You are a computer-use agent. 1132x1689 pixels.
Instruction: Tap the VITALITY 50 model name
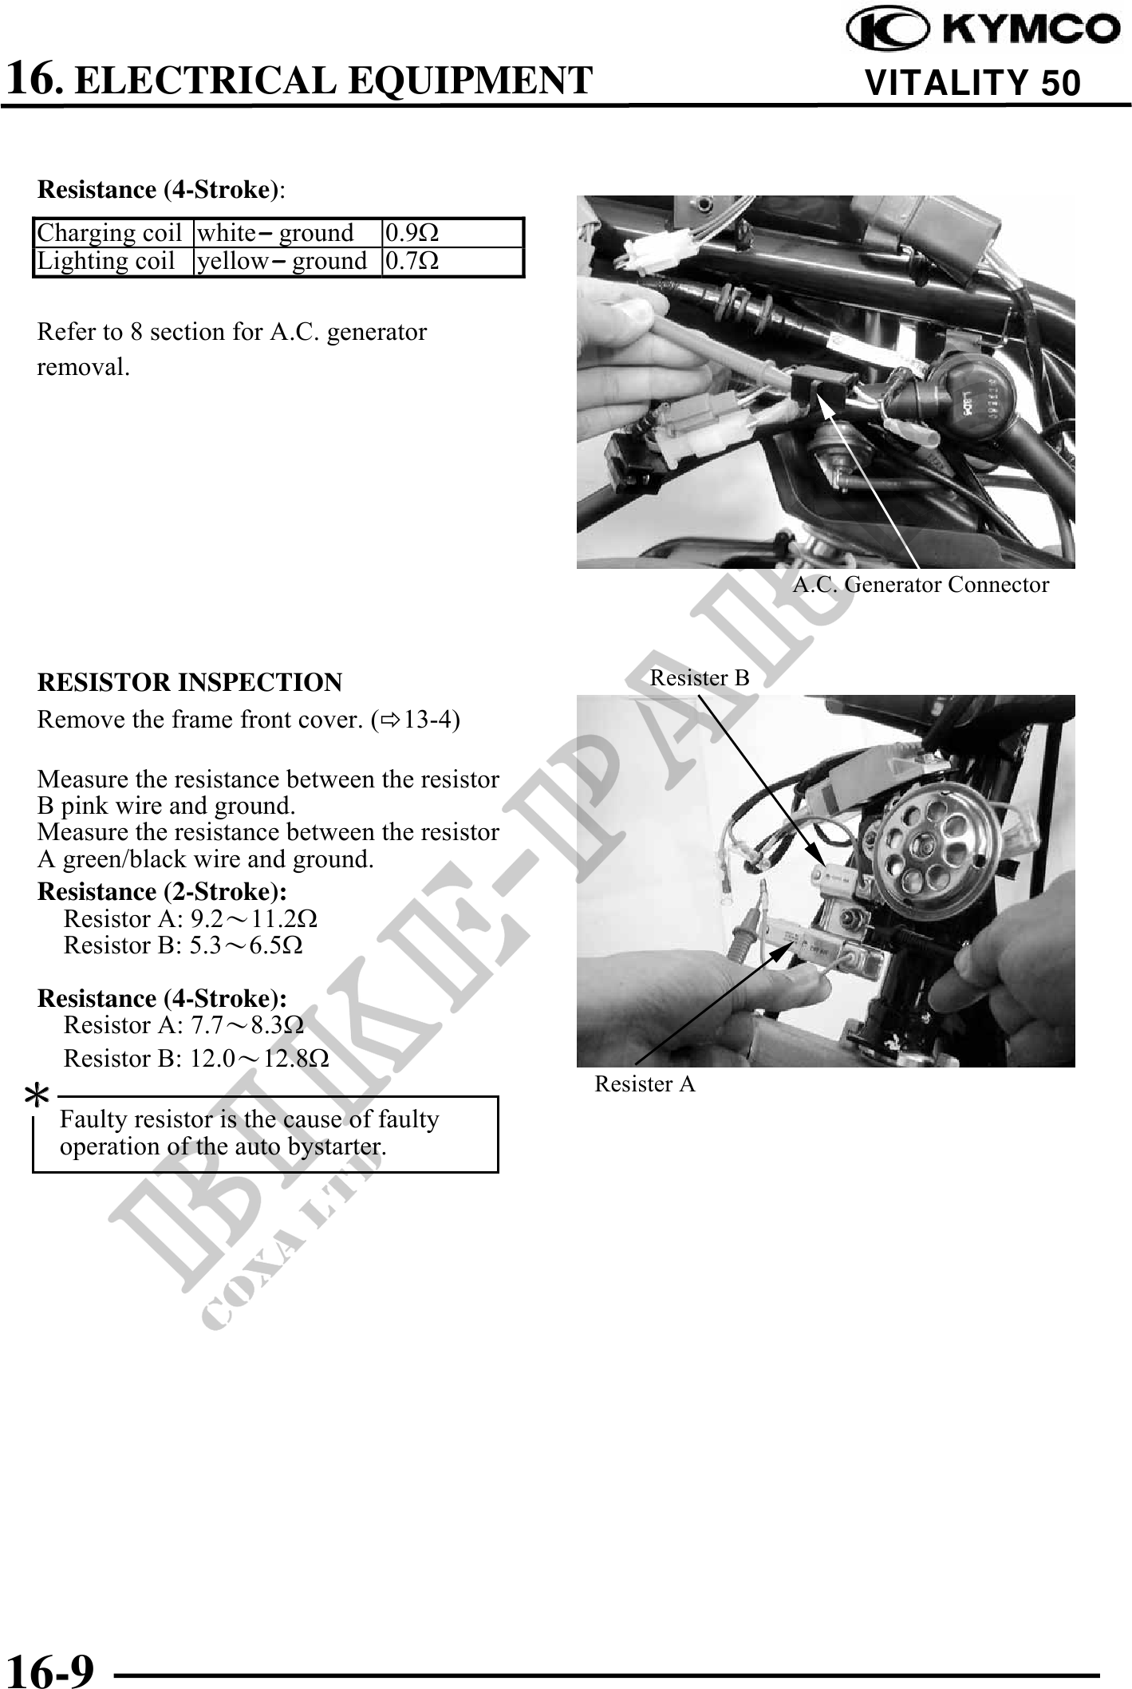972,83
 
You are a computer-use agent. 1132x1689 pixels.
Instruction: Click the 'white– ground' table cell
275,233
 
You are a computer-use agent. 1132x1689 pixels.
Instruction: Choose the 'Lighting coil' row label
106,261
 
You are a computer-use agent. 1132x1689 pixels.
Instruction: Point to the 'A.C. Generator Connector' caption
921,585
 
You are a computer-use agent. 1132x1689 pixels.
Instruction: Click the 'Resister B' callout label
700,677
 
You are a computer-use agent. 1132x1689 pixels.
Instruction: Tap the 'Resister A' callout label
645,1083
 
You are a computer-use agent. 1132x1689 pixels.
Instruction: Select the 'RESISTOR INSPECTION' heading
190,682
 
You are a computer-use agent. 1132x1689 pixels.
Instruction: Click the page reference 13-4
428,720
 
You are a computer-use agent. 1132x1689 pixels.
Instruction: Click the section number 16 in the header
32,77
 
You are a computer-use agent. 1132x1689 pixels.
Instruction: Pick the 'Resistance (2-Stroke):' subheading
163,890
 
